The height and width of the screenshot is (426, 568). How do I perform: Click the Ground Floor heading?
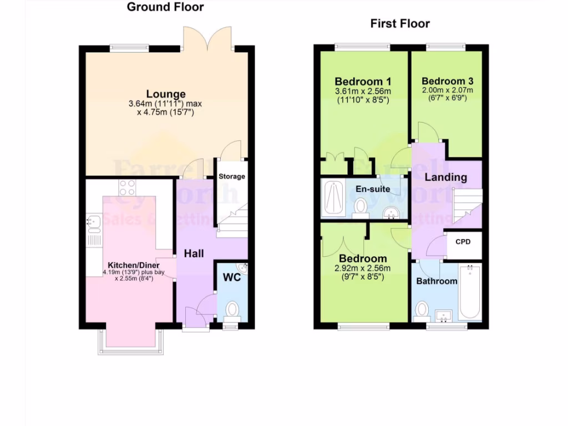165,7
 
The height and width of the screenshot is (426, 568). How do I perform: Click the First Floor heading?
400,24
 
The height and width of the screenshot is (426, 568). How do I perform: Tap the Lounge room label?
166,94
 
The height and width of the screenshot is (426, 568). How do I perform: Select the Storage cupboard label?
231,177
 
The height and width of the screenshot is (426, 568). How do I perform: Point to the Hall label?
194,253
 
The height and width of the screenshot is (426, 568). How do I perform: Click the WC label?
232,277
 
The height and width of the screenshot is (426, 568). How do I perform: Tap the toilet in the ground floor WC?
232,310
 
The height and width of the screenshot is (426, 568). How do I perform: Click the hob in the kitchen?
127,187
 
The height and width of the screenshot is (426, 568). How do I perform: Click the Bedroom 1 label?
363,82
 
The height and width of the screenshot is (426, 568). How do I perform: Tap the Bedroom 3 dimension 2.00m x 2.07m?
447,90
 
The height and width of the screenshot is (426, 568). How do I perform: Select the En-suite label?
373,189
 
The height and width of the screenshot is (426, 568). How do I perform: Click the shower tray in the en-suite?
334,198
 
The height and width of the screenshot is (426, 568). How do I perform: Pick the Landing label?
445,177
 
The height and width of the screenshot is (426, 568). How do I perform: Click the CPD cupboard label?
463,242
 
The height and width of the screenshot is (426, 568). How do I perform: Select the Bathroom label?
437,281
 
